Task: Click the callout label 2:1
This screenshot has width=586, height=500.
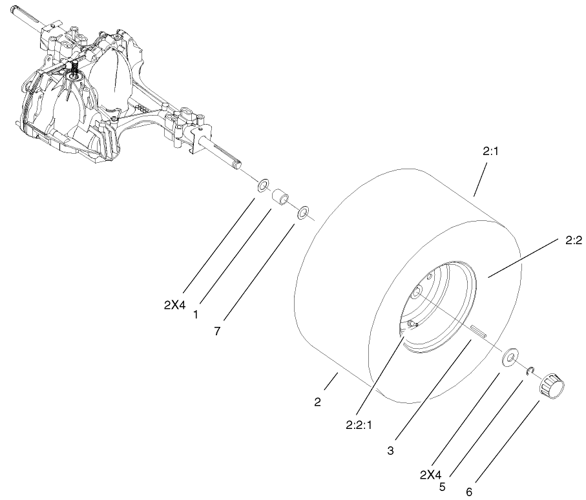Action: point(490,151)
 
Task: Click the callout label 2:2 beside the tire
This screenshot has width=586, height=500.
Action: point(574,241)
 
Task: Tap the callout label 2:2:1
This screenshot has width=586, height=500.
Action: point(359,425)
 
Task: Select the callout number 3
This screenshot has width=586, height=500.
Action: point(390,451)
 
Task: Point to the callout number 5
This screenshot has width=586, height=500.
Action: point(443,486)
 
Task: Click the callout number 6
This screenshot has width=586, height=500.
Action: point(470,492)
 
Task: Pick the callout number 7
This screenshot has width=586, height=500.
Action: point(217,331)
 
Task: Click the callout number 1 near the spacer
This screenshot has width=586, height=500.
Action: point(195,315)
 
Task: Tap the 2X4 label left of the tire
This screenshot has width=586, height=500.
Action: point(174,306)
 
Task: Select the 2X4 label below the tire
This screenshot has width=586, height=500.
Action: point(430,475)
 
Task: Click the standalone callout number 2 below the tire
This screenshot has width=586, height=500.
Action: point(317,402)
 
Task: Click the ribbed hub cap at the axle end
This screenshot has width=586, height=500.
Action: point(552,385)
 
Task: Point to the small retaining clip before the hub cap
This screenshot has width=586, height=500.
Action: point(530,370)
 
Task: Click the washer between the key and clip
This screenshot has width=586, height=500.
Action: point(509,357)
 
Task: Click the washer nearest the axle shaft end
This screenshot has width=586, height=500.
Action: point(263,185)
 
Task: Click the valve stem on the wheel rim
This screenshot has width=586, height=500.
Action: point(412,324)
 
